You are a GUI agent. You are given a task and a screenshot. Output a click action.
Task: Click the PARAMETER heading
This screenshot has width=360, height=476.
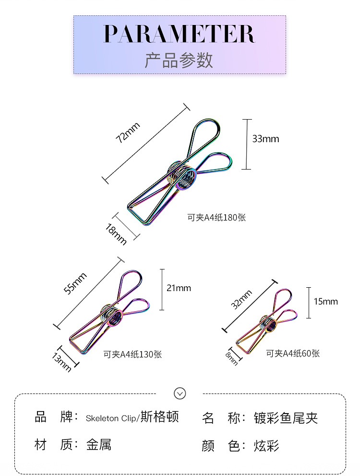coord(180,34)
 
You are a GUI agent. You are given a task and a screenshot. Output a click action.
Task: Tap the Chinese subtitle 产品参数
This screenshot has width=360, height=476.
coord(179,60)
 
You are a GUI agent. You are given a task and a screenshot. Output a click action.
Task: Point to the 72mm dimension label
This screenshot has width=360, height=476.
coord(128,133)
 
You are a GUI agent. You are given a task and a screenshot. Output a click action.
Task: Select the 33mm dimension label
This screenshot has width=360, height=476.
coord(265,139)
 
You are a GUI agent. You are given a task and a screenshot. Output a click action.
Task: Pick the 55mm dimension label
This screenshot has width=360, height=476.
coord(76,283)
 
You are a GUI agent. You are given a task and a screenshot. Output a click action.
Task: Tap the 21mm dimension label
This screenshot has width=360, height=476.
coord(179,288)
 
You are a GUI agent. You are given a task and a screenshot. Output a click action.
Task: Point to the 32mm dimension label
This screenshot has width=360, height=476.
coord(241,300)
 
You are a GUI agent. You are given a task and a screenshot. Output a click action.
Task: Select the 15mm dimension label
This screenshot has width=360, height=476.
coord(326,302)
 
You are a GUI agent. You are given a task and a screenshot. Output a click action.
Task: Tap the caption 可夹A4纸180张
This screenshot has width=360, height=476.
coord(216,218)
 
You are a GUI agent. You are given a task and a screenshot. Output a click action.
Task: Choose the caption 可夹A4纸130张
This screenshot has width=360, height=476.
coord(133,354)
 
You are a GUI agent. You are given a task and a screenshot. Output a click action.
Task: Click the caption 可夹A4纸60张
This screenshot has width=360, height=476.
coord(293,354)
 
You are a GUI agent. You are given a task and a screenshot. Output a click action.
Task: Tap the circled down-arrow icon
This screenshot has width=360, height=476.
coord(180,393)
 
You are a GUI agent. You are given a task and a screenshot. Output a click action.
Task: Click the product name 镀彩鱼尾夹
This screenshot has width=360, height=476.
coord(286,418)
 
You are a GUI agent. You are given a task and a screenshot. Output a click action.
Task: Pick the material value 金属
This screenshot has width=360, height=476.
coord(99,445)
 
